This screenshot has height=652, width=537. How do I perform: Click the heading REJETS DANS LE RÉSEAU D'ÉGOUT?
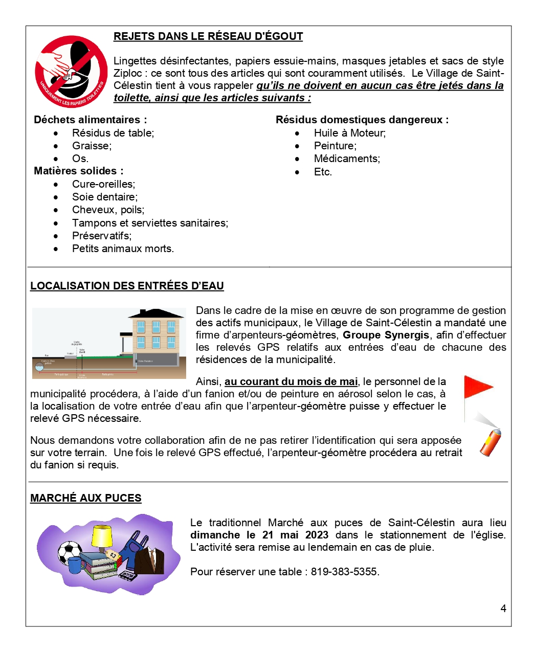208,36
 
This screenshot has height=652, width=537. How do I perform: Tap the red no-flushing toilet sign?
71,72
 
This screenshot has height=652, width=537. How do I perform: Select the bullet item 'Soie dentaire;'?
105,197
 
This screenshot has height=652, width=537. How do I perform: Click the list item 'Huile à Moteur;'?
350,133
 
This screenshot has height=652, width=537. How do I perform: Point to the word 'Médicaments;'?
347,159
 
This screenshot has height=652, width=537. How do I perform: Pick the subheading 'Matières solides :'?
79,171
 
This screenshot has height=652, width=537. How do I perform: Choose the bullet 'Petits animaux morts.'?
123,249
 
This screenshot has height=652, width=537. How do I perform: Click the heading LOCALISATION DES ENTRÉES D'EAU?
127,286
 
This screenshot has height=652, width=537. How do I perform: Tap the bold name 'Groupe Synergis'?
386,335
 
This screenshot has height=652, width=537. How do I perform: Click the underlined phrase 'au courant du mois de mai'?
291,381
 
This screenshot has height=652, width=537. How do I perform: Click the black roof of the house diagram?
156,313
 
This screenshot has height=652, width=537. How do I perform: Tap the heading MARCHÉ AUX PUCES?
86,498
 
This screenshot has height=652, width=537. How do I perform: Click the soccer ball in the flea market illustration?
70,552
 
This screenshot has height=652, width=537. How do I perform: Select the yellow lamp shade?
102,535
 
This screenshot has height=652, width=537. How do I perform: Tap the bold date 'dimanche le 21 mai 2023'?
259,535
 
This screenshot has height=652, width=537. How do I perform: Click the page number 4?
503,609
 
